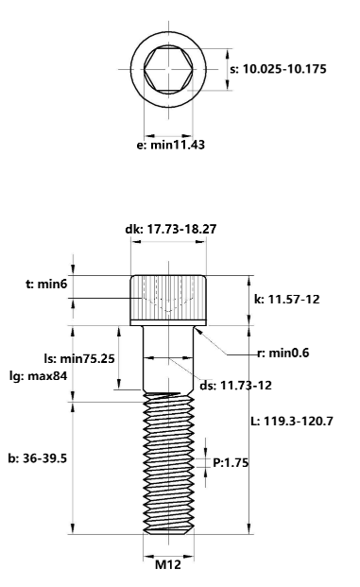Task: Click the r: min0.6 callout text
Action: click(283, 353)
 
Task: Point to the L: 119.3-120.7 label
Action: click(299, 422)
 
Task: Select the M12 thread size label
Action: click(167, 564)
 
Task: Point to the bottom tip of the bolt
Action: click(168, 535)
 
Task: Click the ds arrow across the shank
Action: click(168, 360)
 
